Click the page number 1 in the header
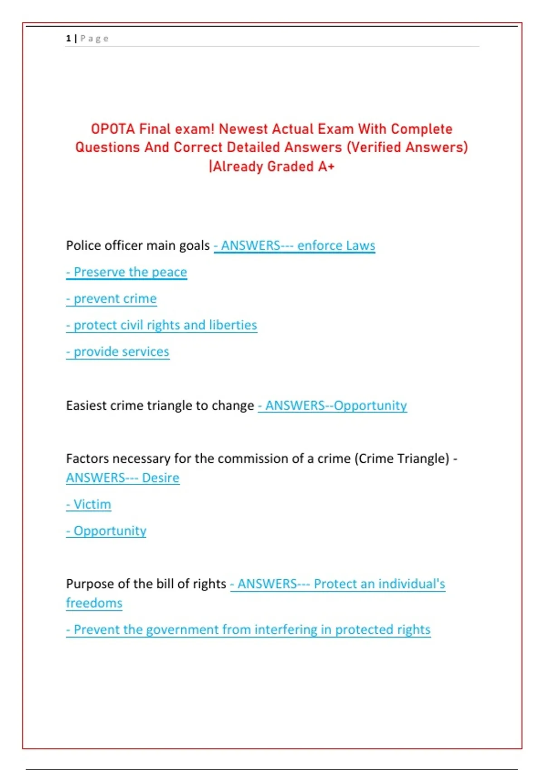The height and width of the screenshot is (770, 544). pyautogui.click(x=68, y=38)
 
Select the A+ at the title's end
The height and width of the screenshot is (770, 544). pyautogui.click(x=326, y=167)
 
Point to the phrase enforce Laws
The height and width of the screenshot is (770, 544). pyautogui.click(x=336, y=245)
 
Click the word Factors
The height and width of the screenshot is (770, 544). pyautogui.click(x=87, y=459)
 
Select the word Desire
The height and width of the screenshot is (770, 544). pyautogui.click(x=160, y=478)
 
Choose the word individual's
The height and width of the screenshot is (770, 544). pyautogui.click(x=412, y=584)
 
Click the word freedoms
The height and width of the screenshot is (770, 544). pyautogui.click(x=94, y=603)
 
